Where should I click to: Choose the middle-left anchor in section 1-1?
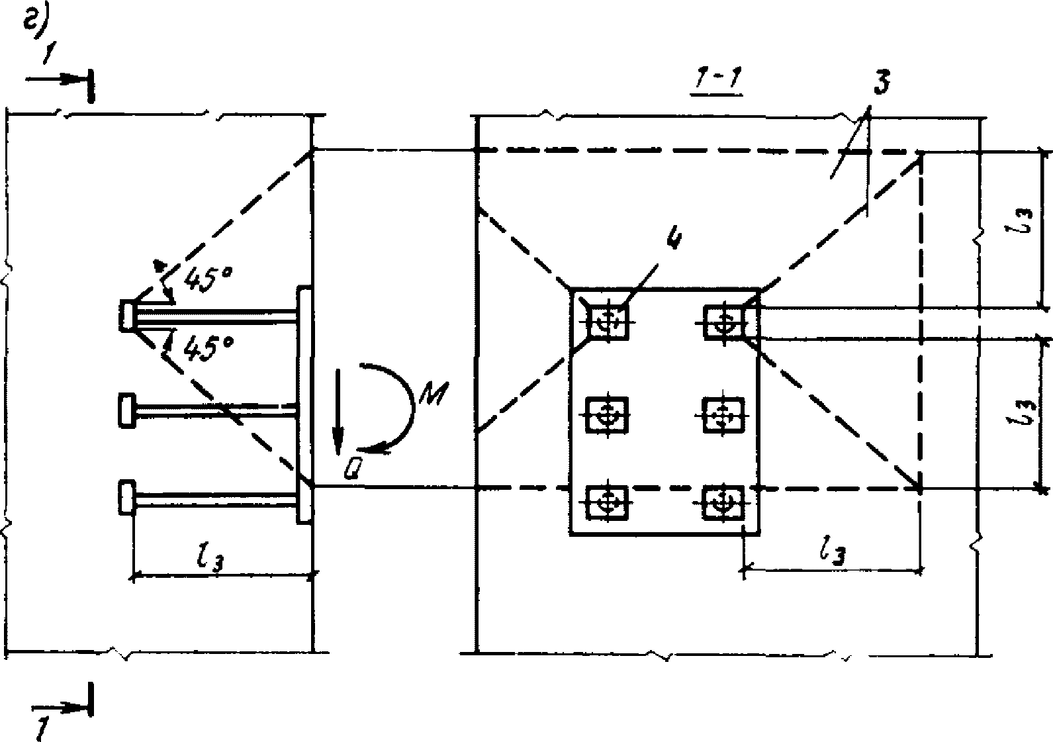(x=606, y=414)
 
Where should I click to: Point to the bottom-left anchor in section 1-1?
(x=606, y=504)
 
